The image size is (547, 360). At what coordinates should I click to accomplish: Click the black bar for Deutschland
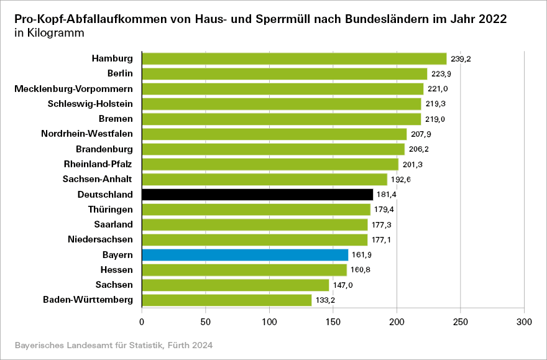[257, 195]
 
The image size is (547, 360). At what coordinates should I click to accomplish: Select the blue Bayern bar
[245, 255]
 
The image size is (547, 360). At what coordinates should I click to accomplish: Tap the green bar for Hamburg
[294, 59]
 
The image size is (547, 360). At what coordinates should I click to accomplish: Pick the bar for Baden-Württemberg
[227, 300]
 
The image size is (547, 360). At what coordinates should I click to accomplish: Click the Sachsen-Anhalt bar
[264, 180]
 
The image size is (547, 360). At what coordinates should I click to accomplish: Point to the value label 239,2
[461, 59]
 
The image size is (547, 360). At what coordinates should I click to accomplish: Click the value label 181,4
[387, 195]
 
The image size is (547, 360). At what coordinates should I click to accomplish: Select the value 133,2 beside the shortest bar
[326, 300]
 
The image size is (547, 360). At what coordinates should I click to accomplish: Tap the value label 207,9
[420, 134]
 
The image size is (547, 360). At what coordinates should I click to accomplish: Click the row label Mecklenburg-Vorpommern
[74, 89]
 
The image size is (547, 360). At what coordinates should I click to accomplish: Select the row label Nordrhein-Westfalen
[87, 134]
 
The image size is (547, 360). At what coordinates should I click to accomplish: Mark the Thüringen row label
[109, 210]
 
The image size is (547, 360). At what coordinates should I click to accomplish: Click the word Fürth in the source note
[180, 344]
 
